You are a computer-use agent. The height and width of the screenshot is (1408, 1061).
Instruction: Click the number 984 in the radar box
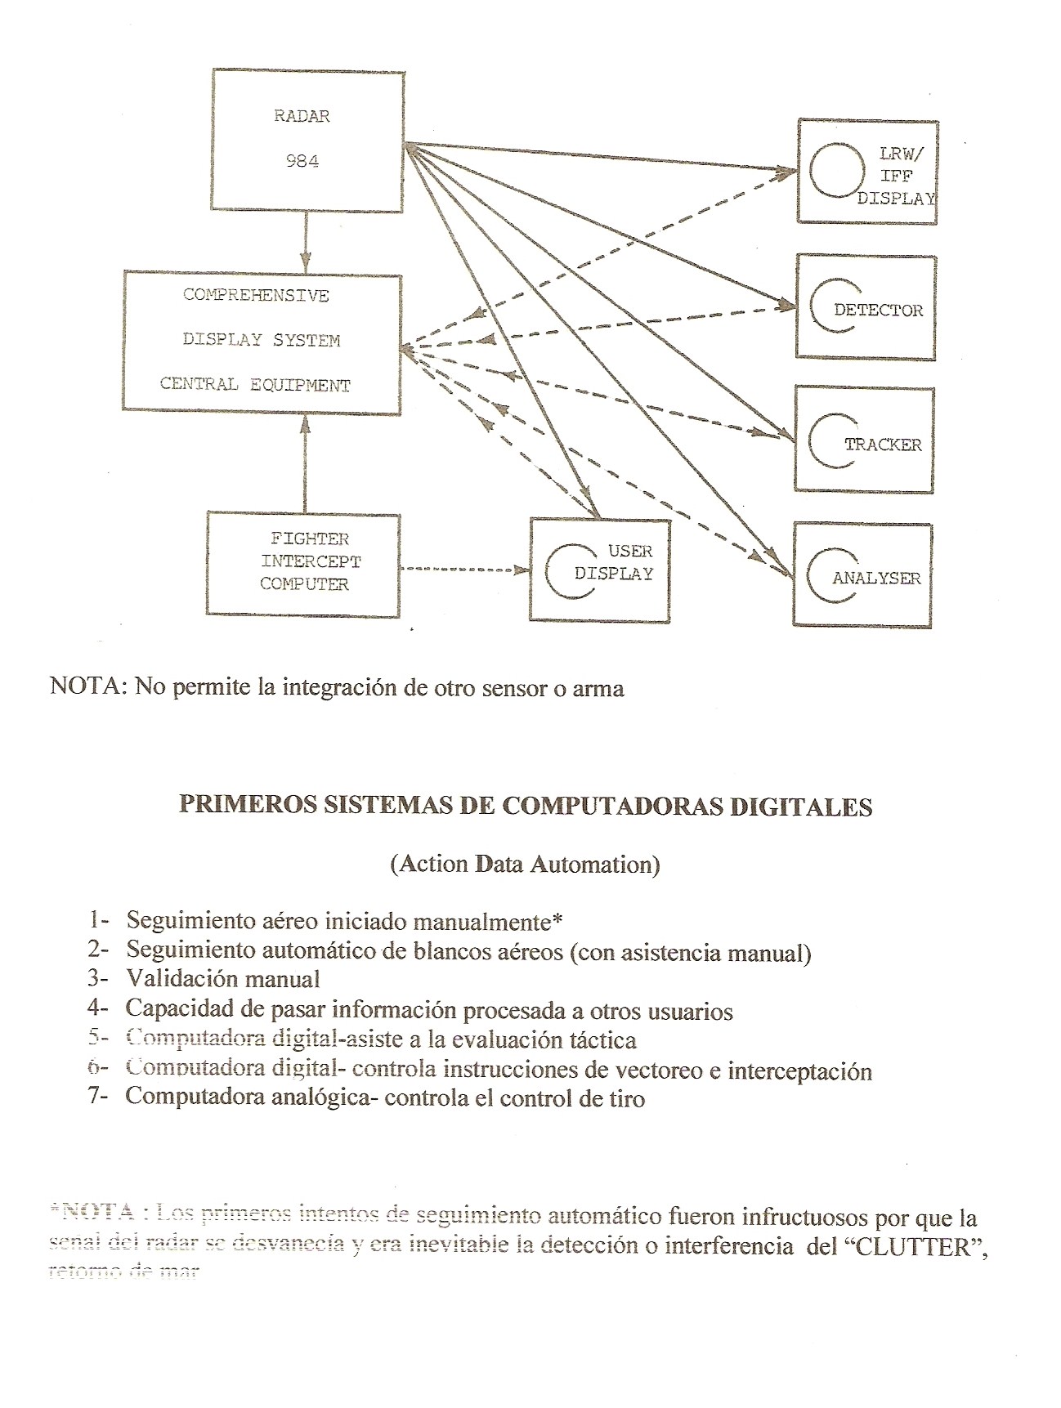tap(302, 161)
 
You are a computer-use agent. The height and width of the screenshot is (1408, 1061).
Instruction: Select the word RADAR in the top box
tap(302, 116)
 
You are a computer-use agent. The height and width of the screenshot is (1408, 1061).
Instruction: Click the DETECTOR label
tap(879, 311)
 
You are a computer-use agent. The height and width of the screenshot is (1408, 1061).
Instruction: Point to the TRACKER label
tap(883, 445)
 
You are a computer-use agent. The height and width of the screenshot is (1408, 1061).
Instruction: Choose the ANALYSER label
tap(876, 579)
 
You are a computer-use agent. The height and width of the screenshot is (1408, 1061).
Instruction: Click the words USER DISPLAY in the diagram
tap(614, 562)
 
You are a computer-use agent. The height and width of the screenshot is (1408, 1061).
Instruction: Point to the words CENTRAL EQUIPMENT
tap(255, 385)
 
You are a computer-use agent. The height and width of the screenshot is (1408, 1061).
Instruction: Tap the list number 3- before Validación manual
tap(99, 978)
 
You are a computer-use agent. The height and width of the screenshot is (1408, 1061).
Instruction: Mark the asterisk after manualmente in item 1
tap(557, 920)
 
